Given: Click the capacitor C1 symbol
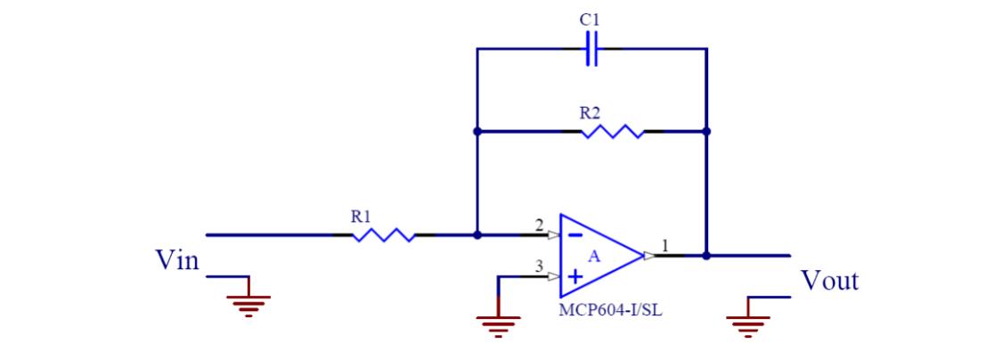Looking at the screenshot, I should tap(592, 50).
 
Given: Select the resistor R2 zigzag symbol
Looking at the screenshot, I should tap(612, 132).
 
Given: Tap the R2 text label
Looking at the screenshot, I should tap(590, 113).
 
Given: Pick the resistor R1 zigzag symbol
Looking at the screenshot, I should tap(384, 235).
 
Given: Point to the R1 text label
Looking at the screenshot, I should tap(361, 217).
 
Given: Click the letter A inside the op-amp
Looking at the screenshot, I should tap(592, 256).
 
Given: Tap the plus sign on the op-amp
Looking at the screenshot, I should tap(574, 277).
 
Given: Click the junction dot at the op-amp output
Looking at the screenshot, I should tap(706, 255).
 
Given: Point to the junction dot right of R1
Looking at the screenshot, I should tap(477, 235).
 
